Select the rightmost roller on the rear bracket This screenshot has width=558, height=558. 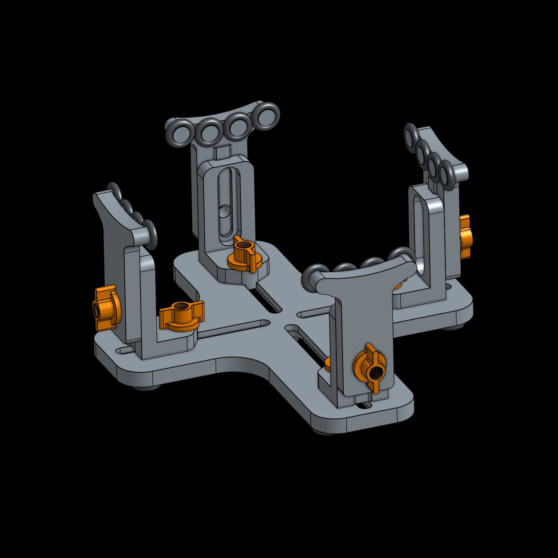tap(268, 115)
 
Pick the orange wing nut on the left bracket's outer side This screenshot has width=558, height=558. tap(104, 308)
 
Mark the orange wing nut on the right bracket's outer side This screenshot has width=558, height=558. tap(465, 236)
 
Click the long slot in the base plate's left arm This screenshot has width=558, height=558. tap(232, 329)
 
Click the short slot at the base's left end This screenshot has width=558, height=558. tap(125, 350)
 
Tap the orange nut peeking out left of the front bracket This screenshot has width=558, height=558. tap(327, 364)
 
